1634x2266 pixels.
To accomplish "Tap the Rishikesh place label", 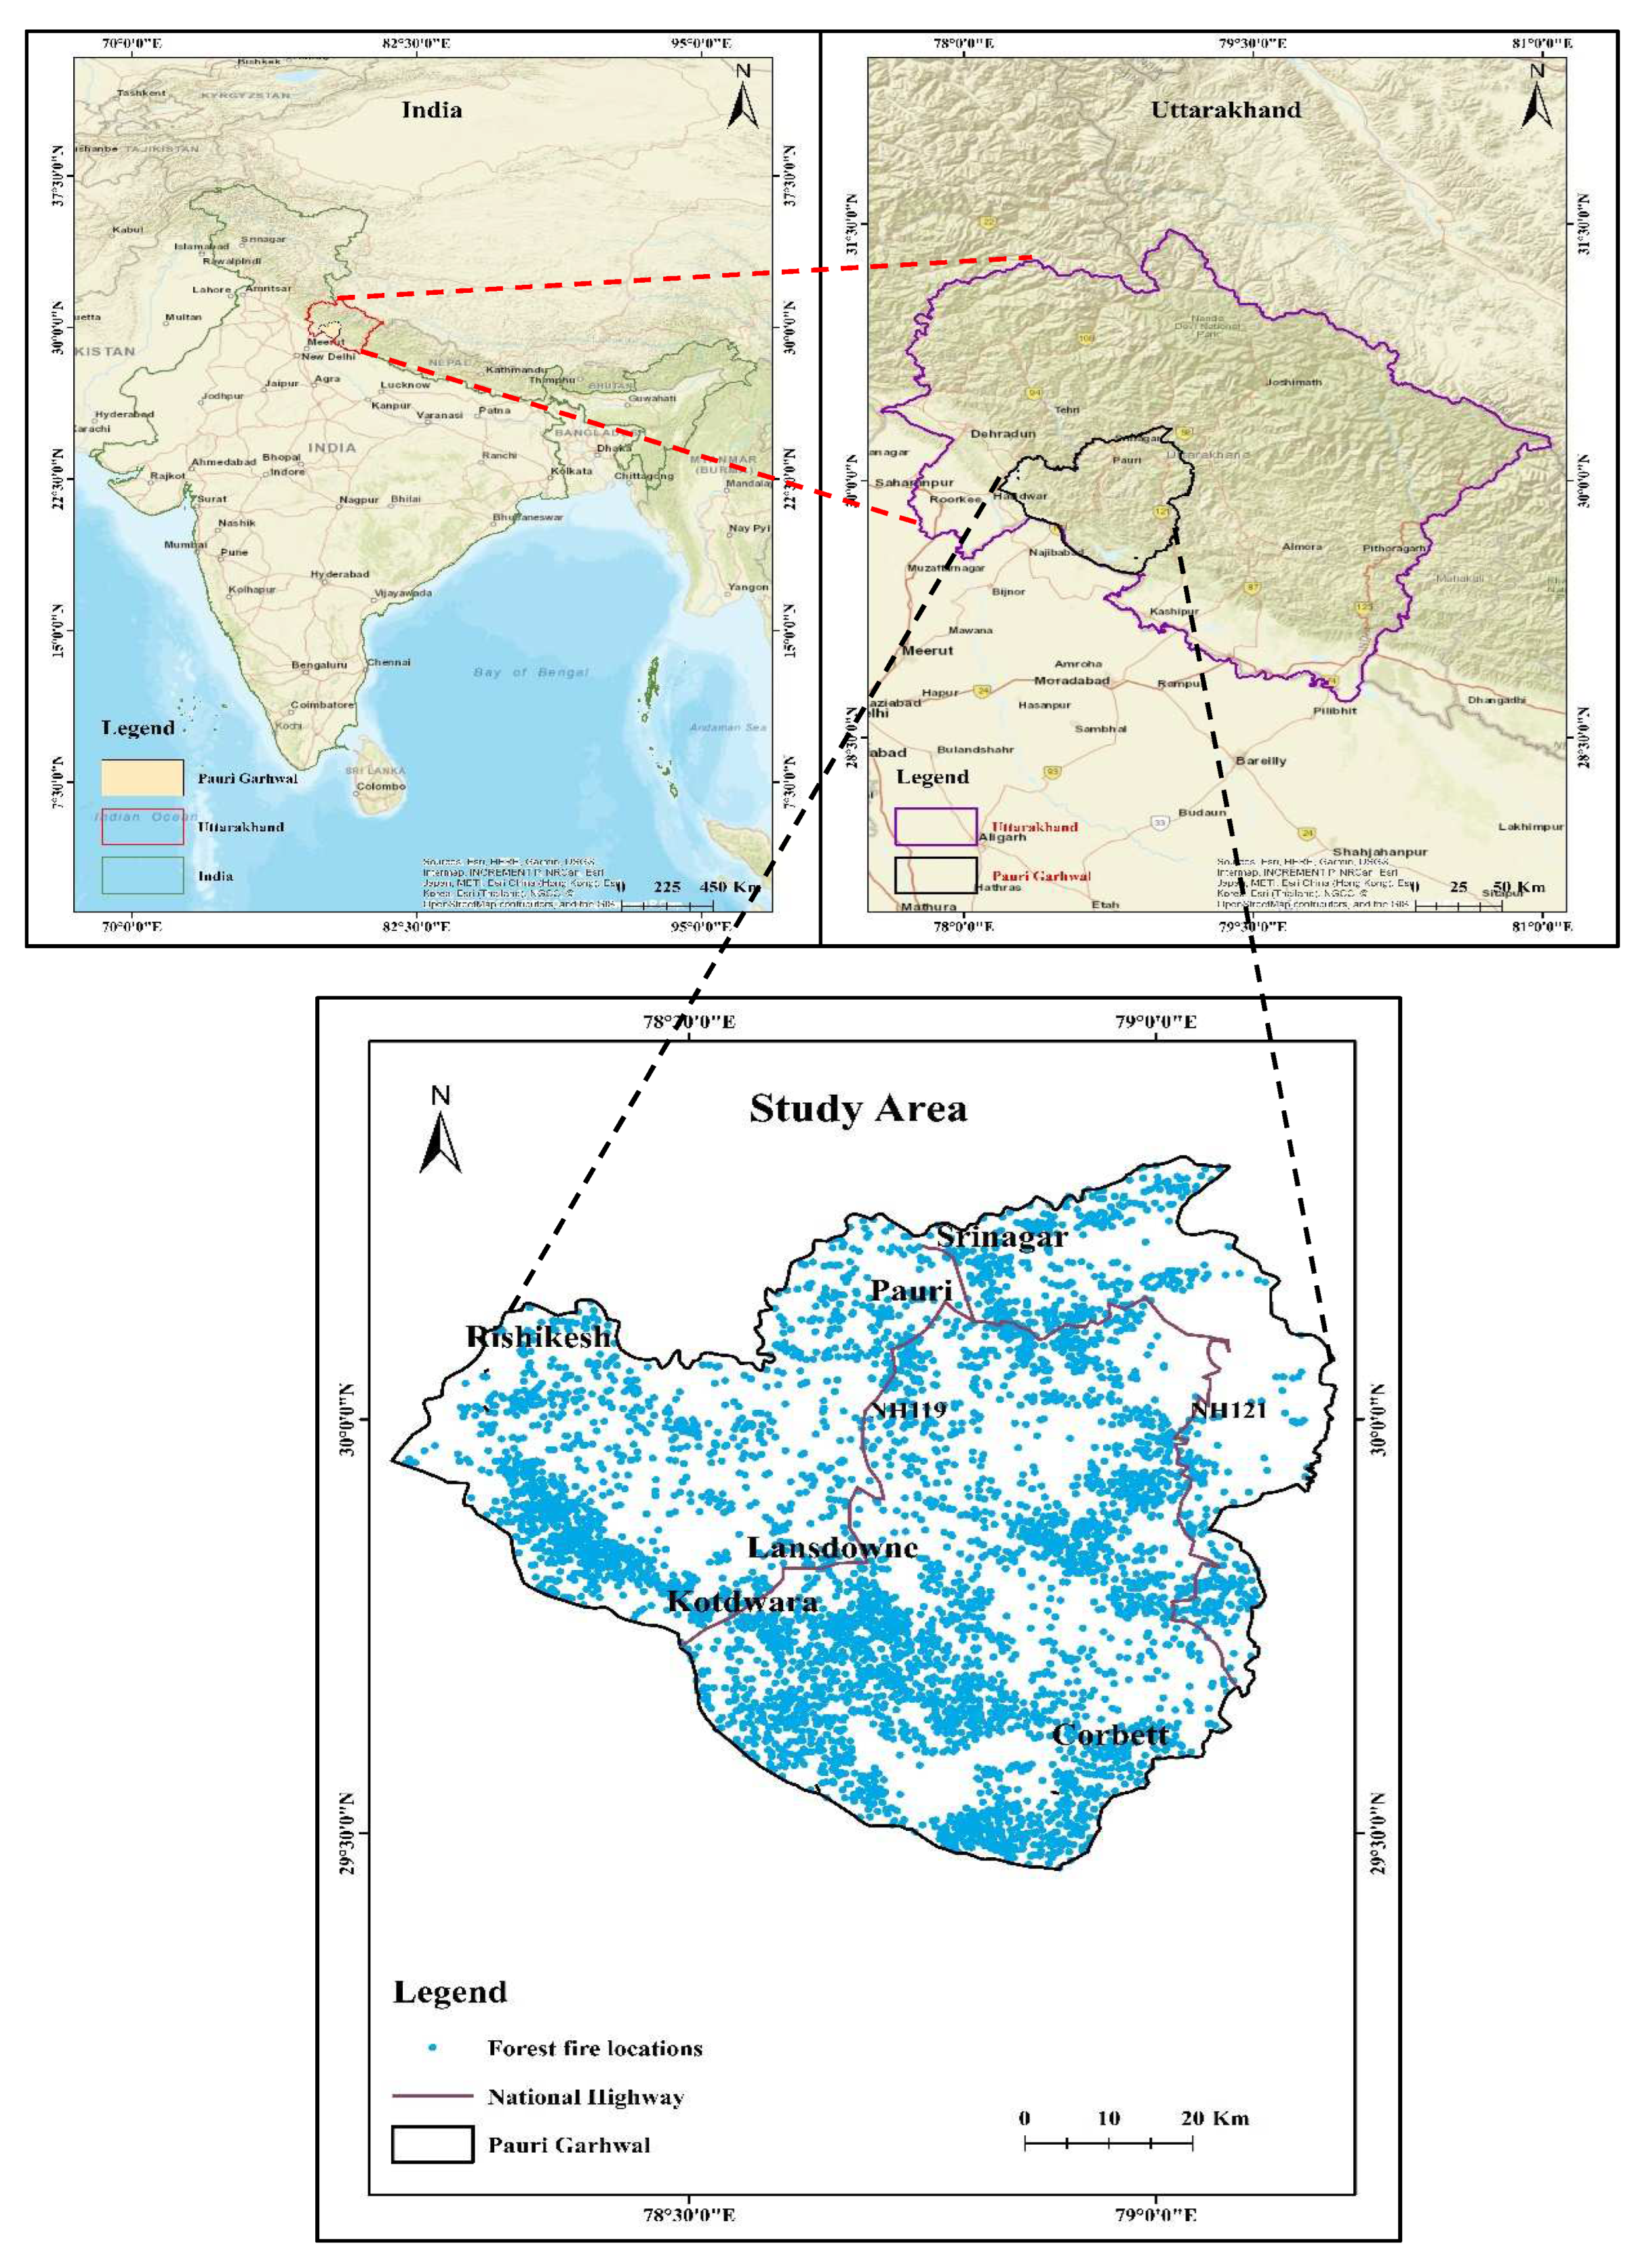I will [538, 1337].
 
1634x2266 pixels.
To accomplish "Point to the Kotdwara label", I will [742, 1602].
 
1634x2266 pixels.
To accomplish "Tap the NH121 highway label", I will [1229, 1410].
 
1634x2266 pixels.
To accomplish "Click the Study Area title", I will [858, 1109].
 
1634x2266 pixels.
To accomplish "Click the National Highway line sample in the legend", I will [432, 2096].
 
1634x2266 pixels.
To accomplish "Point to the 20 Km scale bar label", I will [1214, 2118].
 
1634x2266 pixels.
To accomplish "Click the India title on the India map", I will [432, 110].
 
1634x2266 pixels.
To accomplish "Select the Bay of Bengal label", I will [531, 672].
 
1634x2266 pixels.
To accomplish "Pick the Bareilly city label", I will [1260, 761].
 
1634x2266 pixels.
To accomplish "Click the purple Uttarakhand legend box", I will [936, 826].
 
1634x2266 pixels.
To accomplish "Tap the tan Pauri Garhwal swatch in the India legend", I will [142, 777].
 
